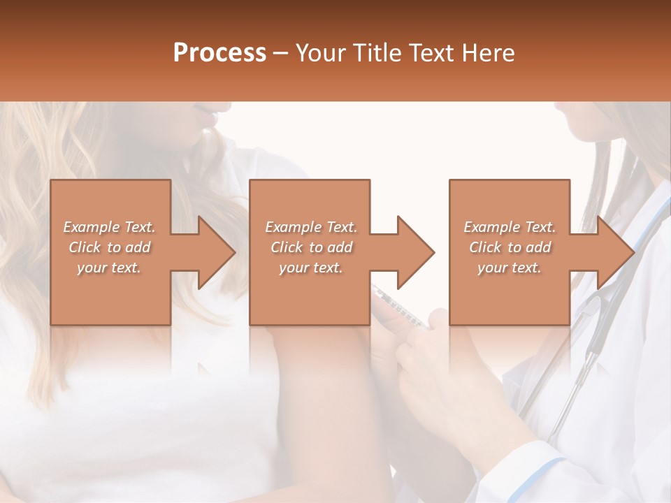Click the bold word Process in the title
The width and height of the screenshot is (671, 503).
[x=219, y=53]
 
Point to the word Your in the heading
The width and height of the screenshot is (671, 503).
[x=320, y=53]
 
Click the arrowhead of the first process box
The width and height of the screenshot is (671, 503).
[x=217, y=252]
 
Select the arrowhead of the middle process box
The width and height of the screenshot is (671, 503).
[x=416, y=252]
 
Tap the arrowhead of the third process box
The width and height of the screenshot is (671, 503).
[x=615, y=252]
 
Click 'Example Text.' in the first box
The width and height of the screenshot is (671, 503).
[x=109, y=227]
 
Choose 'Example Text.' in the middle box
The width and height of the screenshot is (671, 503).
[x=310, y=227]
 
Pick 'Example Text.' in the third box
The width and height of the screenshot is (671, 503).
[x=510, y=227]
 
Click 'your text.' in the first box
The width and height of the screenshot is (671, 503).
[x=109, y=268]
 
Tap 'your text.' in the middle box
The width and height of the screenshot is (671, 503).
[x=310, y=268]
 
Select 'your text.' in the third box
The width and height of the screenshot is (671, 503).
[x=510, y=268]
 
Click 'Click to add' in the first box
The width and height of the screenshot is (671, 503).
[x=109, y=247]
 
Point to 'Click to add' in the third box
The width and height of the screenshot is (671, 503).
[x=510, y=247]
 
